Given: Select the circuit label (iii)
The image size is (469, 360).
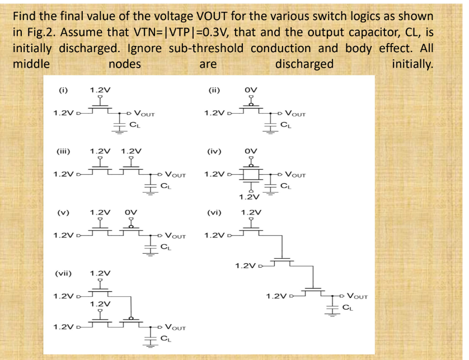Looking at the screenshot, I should (63, 151).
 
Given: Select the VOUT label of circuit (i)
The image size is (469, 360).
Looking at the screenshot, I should (144, 113).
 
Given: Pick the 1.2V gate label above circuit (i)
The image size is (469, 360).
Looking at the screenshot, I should (99, 89).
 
